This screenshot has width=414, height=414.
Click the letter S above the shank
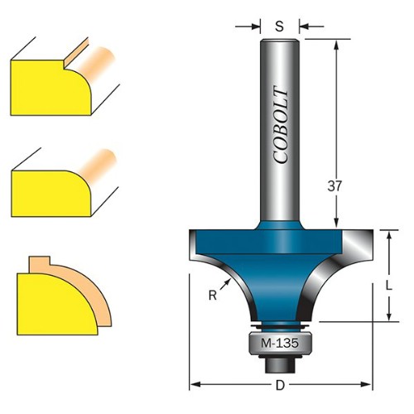280,26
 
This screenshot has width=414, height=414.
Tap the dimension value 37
335,186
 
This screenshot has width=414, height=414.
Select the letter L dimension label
389,286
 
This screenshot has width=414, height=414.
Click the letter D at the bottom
280,385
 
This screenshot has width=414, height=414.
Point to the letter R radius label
213,296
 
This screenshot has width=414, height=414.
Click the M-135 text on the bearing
280,344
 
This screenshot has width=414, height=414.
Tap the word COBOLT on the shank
281,125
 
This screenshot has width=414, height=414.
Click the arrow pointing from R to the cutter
225,284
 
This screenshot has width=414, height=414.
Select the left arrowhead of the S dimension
255,26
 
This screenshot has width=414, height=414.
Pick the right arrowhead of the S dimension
304,26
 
